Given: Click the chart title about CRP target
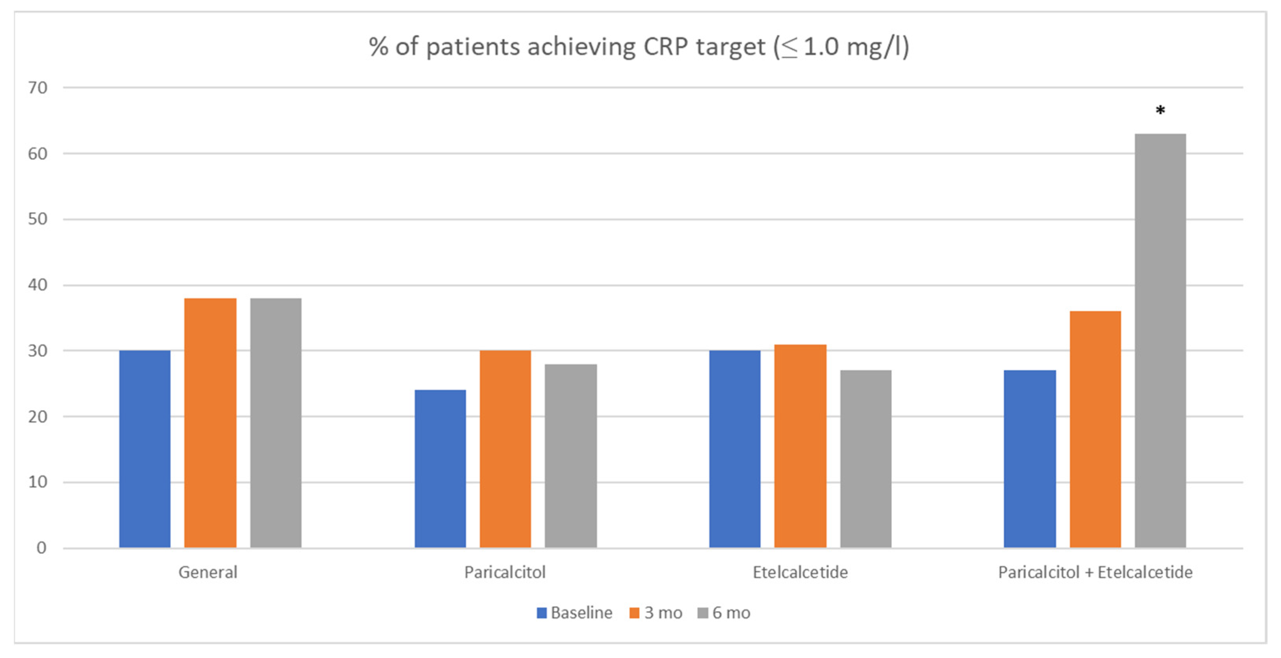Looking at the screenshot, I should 639,47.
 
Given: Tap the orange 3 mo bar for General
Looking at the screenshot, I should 210,423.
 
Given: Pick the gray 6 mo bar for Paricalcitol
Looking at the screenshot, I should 570,455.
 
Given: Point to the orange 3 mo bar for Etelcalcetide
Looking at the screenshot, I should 800,446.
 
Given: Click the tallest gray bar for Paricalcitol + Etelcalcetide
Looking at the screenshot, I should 1160,341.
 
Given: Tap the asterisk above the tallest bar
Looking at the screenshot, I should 1160,111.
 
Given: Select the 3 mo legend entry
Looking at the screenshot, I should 656,613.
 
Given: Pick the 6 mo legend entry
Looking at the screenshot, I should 724,613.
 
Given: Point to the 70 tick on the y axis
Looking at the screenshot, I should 38,88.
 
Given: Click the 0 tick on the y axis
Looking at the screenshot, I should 41,548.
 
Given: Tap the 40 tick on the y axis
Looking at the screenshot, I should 38,285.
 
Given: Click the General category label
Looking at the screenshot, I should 208,572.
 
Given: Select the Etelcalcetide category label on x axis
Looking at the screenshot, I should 800,572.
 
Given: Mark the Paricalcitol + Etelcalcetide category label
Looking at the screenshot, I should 1095,572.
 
